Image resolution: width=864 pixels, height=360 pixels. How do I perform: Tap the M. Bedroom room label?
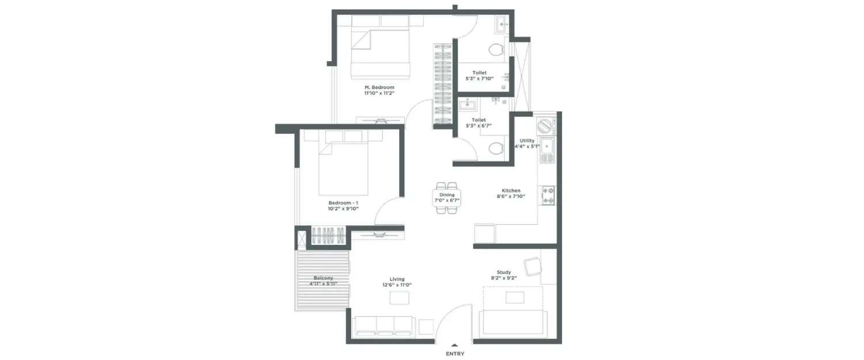tap(379, 88)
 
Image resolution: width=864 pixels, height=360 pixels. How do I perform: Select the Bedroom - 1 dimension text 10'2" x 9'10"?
tap(344, 209)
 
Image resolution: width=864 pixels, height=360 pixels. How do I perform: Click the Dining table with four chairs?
tap(447, 198)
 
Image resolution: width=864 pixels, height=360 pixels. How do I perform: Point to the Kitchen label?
tap(511, 191)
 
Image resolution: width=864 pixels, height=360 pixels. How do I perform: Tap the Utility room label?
tap(526, 141)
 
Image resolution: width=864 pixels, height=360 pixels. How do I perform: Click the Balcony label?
tap(324, 278)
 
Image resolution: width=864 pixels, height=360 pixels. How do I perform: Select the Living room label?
tap(397, 279)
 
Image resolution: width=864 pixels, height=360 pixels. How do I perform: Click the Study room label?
tap(503, 272)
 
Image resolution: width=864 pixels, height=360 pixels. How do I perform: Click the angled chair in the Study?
tap(532, 267)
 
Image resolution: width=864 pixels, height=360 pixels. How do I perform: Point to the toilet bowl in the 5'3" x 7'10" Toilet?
tap(496, 50)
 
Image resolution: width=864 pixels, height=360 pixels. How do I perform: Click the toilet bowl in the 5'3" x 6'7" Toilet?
tap(495, 149)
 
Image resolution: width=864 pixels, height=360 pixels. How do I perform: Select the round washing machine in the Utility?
tap(544, 124)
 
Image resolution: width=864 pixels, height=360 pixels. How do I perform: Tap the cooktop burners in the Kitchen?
tap(548, 195)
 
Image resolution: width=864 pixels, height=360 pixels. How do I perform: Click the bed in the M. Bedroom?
tap(381, 53)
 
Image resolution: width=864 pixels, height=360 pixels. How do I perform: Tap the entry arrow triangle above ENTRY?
tap(454, 345)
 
